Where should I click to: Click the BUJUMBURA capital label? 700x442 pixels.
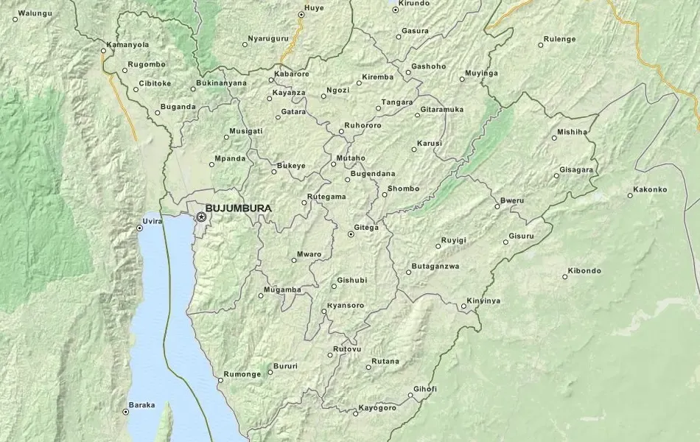click(239, 208)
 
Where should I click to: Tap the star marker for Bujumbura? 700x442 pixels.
click(201, 217)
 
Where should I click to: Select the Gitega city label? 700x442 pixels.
click(366, 228)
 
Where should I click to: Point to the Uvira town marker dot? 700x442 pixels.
click(139, 228)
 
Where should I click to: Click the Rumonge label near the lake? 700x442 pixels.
click(242, 374)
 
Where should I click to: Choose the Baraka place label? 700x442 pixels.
click(141, 405)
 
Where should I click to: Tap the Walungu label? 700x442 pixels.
click(35, 13)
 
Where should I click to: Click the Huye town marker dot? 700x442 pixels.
click(301, 15)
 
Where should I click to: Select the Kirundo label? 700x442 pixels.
click(414, 4)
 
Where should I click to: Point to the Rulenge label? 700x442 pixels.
click(560, 39)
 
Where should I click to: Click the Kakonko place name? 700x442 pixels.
click(650, 189)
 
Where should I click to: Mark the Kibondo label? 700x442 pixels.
click(587, 271)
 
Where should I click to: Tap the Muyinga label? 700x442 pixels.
click(482, 74)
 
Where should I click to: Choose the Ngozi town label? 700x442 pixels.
click(338, 91)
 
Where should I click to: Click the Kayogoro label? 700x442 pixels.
click(377, 408)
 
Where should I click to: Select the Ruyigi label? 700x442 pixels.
click(454, 240)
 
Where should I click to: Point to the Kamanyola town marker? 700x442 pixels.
click(103, 51)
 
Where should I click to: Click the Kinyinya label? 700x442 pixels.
click(483, 301)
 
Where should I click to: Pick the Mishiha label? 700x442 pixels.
click(573, 132)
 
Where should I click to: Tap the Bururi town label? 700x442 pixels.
click(285, 366)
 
